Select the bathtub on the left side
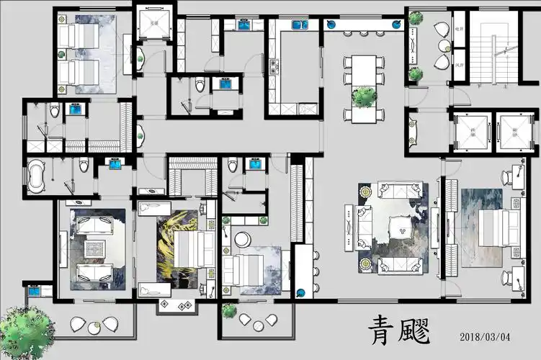pyautogui.click(x=38, y=176)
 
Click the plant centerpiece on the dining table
pyautogui.click(x=365, y=95)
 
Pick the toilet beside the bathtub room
pyautogui.click(x=85, y=167)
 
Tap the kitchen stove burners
pyautogui.click(x=274, y=68)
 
